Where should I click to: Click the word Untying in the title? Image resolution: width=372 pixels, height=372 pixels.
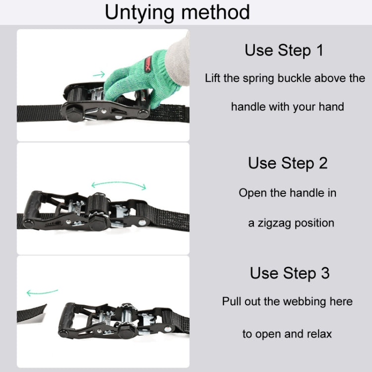[x=141, y=12]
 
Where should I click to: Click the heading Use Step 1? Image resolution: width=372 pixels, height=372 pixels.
[x=284, y=50]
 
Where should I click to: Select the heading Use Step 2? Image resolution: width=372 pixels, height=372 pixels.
[x=288, y=163]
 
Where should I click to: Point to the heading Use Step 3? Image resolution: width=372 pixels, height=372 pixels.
[x=289, y=273]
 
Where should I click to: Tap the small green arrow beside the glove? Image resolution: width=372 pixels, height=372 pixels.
[x=99, y=75]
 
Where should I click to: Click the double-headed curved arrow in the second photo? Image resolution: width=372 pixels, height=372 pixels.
[x=119, y=185]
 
